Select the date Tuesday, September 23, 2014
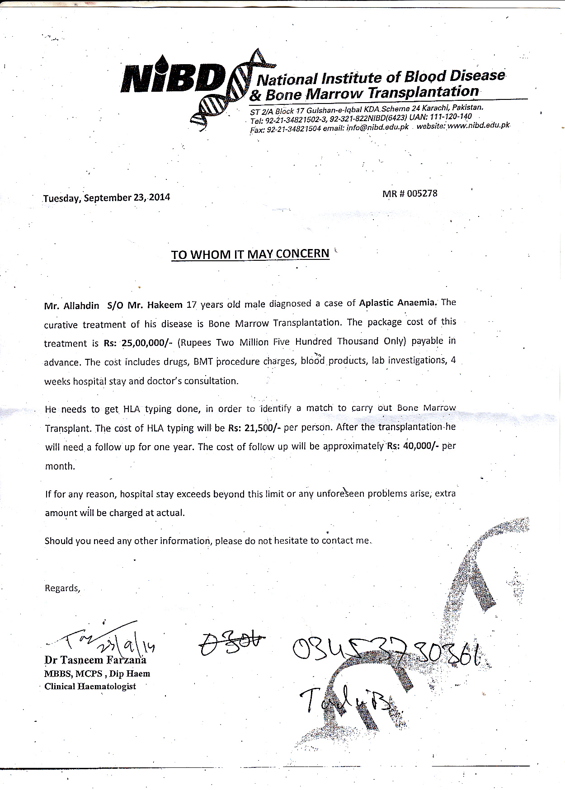coord(107,198)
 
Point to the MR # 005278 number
coord(410,193)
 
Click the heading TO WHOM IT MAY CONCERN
coord(250,254)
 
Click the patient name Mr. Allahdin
coord(72,306)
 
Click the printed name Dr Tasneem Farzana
coord(95,660)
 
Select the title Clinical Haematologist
coord(90,687)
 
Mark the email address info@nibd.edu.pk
coord(377,127)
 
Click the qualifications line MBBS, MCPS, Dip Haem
coord(97,673)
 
